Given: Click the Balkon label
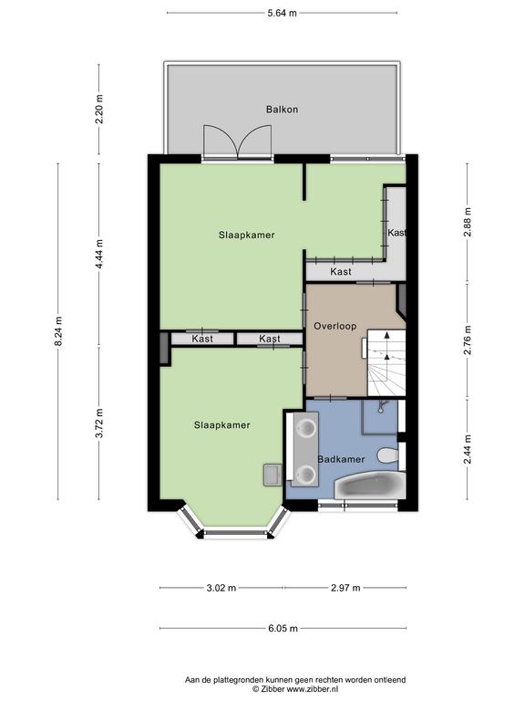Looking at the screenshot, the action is pyautogui.click(x=282, y=110).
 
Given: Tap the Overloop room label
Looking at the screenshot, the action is pyautogui.click(x=335, y=326).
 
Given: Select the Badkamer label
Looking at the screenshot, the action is pyautogui.click(x=341, y=459).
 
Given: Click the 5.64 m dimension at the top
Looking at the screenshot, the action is pyautogui.click(x=282, y=13).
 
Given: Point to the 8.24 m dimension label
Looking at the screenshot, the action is pyautogui.click(x=58, y=331).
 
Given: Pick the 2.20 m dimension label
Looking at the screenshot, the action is pyautogui.click(x=99, y=110).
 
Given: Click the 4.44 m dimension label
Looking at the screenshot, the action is pyautogui.click(x=99, y=255).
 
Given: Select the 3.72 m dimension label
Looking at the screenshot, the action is pyautogui.click(x=99, y=424).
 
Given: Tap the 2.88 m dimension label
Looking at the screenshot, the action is pyautogui.click(x=468, y=222).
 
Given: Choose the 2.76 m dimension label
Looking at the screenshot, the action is pyautogui.click(x=468, y=340).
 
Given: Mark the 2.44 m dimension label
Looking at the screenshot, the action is pyautogui.click(x=468, y=449).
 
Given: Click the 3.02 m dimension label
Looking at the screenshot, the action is pyautogui.click(x=221, y=588).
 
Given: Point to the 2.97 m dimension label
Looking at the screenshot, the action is pyautogui.click(x=345, y=588).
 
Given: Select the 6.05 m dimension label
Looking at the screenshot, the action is pyautogui.click(x=283, y=629).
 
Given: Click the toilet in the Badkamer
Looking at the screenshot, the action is pyautogui.click(x=387, y=456).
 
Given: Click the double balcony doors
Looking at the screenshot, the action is pyautogui.click(x=238, y=141).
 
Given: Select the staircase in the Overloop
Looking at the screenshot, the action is pyautogui.click(x=386, y=363).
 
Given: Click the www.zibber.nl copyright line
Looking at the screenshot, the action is pyautogui.click(x=295, y=689).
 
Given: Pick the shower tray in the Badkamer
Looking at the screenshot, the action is pyautogui.click(x=379, y=417).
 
